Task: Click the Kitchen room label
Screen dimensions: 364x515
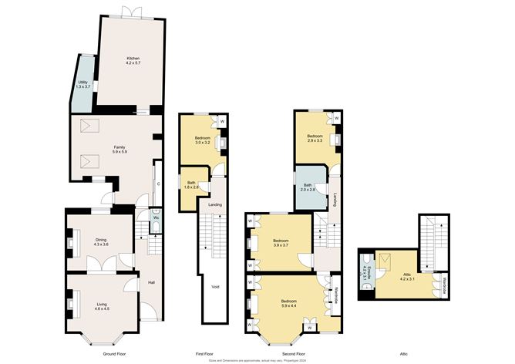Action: [x=133, y=58]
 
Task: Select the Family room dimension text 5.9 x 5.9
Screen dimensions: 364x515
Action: [x=119, y=151]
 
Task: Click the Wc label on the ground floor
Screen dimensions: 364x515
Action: [x=155, y=218]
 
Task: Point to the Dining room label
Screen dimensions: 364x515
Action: [x=101, y=240]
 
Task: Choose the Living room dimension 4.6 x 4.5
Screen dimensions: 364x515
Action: [x=103, y=309]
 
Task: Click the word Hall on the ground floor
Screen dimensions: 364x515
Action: [x=151, y=282]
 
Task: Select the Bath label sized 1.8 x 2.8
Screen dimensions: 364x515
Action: [x=191, y=183]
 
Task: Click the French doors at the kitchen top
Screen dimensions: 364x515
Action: [x=130, y=12]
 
